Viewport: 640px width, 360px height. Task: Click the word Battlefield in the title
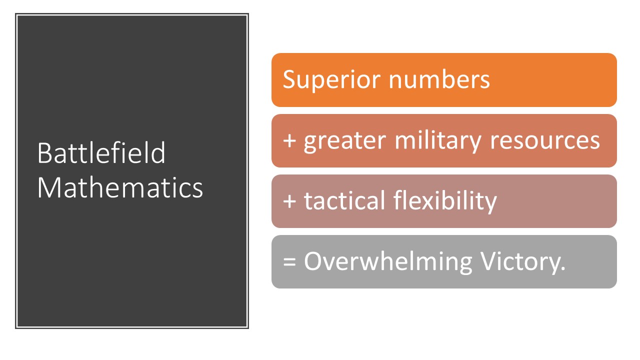coord(101,153)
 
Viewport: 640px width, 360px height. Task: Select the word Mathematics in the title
coord(120,187)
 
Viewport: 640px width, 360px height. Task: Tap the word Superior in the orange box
coord(331,80)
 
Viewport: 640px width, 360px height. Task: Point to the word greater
coord(345,141)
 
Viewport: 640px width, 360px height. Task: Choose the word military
coord(438,140)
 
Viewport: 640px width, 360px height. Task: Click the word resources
coord(544,141)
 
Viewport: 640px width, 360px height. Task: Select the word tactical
coord(344,200)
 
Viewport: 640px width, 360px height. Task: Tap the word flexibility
coord(445,201)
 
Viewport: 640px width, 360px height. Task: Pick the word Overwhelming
coord(387,261)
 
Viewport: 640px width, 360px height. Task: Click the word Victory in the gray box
coord(519,261)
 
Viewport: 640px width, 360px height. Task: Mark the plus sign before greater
coord(289,140)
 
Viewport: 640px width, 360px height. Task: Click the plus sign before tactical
coord(289,201)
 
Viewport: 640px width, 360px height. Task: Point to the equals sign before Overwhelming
coord(289,261)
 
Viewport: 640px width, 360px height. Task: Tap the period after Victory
coord(563,268)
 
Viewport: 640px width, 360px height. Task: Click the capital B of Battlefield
coord(44,153)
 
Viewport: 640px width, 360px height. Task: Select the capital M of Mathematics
coord(49,187)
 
